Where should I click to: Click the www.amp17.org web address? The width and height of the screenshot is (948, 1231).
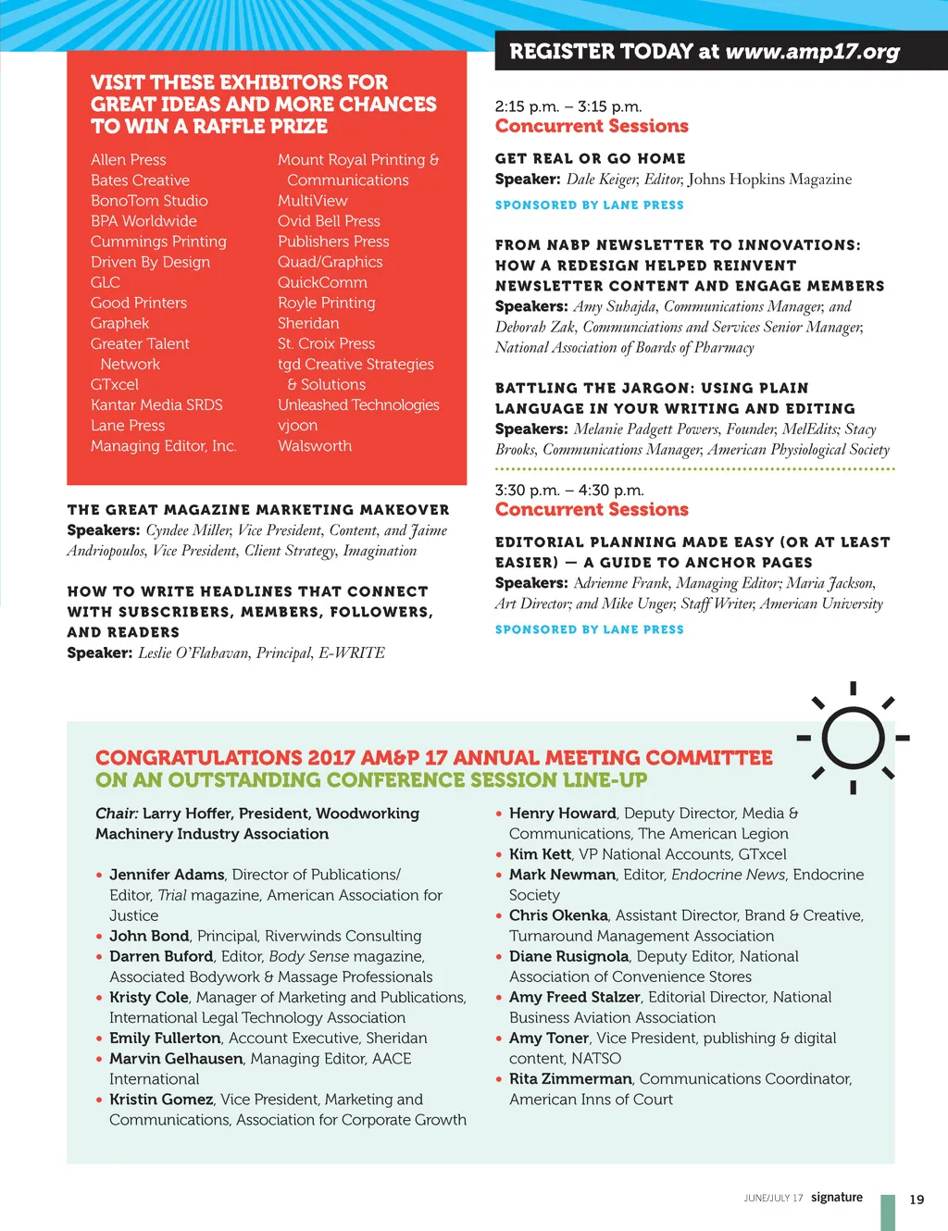[812, 52]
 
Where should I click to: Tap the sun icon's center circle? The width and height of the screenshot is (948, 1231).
[853, 738]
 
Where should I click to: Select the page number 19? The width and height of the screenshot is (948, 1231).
[917, 1200]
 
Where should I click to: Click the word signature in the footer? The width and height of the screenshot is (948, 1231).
[837, 1197]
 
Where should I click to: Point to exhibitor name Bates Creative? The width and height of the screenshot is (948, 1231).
[140, 180]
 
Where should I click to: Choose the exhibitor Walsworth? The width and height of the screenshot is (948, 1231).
[315, 446]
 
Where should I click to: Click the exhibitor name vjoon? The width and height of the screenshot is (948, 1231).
[297, 426]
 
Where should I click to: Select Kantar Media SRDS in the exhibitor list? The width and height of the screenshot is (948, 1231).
[156, 405]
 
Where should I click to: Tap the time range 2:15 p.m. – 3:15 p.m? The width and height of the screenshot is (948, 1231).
[568, 106]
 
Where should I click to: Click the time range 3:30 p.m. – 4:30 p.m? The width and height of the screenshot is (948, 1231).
[569, 491]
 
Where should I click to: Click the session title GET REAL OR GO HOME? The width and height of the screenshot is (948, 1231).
[591, 158]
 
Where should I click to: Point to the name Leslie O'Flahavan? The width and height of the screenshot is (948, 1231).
[193, 653]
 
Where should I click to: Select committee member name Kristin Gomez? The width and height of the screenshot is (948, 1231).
[161, 1100]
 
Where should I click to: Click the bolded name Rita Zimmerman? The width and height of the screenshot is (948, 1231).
[570, 1079]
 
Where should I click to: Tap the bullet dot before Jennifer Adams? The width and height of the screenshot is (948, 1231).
[99, 876]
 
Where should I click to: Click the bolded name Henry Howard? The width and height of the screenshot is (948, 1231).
[562, 814]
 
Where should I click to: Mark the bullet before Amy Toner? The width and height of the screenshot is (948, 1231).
[499, 1039]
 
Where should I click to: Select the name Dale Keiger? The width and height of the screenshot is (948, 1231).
[602, 180]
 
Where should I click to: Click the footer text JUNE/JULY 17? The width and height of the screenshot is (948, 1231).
[773, 1199]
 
